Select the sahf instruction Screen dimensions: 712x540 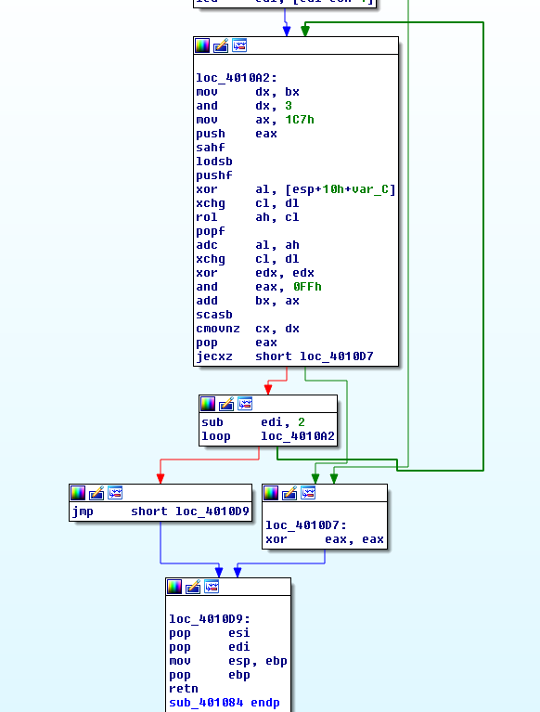coord(210,148)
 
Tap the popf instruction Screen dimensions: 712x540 coord(210,231)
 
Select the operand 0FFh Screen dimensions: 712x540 coord(307,287)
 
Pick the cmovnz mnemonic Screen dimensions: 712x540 coord(216,329)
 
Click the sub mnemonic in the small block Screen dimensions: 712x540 coord(212,422)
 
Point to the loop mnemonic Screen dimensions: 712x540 coord(215,436)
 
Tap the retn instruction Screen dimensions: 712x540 coord(183,689)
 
